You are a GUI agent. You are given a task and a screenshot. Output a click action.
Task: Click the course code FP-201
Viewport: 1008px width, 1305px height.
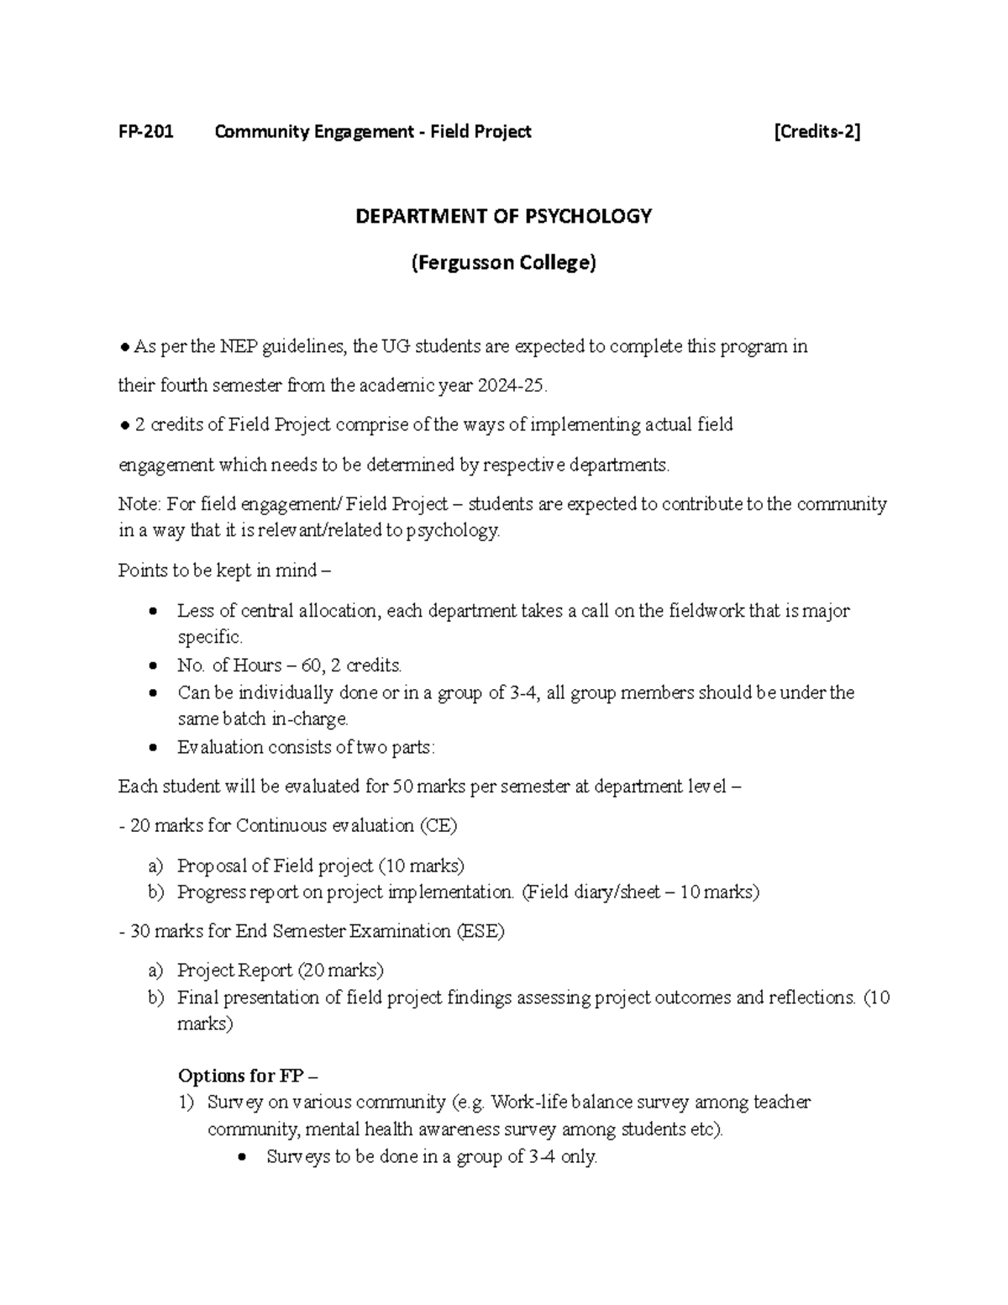click(145, 132)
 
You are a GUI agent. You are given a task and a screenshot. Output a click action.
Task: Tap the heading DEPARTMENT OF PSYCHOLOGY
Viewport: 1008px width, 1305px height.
click(503, 217)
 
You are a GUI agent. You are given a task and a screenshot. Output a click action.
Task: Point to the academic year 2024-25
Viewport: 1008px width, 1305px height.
click(512, 387)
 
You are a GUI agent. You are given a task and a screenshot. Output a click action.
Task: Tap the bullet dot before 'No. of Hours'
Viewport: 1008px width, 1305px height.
click(152, 666)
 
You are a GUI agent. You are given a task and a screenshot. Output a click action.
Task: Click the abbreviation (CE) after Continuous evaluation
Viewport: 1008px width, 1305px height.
click(438, 826)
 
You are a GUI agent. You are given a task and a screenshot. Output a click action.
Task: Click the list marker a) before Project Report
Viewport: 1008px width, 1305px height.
click(155, 971)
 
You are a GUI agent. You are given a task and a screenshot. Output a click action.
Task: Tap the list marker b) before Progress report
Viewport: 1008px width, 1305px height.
click(155, 892)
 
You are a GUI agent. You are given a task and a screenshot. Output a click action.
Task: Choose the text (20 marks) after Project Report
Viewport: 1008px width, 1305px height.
click(340, 971)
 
